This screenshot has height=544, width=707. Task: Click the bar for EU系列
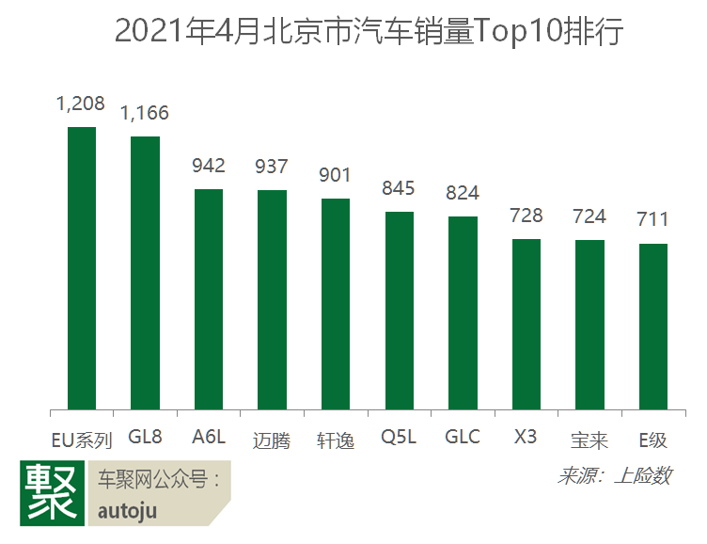click(x=82, y=268)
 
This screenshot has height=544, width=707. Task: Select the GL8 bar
click(x=145, y=273)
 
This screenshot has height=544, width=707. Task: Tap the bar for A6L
click(x=209, y=299)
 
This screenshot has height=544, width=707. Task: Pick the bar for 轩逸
click(x=336, y=304)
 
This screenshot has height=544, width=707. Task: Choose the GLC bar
click(x=463, y=313)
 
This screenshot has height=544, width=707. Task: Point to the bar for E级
click(x=652, y=327)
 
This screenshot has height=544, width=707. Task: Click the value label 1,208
click(x=81, y=104)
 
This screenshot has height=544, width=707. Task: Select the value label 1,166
click(x=145, y=114)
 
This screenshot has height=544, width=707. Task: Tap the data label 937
click(x=272, y=167)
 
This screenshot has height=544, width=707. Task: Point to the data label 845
click(x=399, y=188)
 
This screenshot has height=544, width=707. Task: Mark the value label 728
click(x=526, y=216)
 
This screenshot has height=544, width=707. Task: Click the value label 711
click(x=652, y=220)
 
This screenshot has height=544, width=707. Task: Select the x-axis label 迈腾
click(x=272, y=440)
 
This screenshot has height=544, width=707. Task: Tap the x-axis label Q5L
click(x=399, y=438)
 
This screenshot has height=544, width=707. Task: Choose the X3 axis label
click(x=526, y=438)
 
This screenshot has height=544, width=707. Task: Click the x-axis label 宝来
click(x=589, y=440)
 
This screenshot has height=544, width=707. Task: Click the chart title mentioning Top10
click(x=353, y=32)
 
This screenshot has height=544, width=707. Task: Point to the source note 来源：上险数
click(x=614, y=475)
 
